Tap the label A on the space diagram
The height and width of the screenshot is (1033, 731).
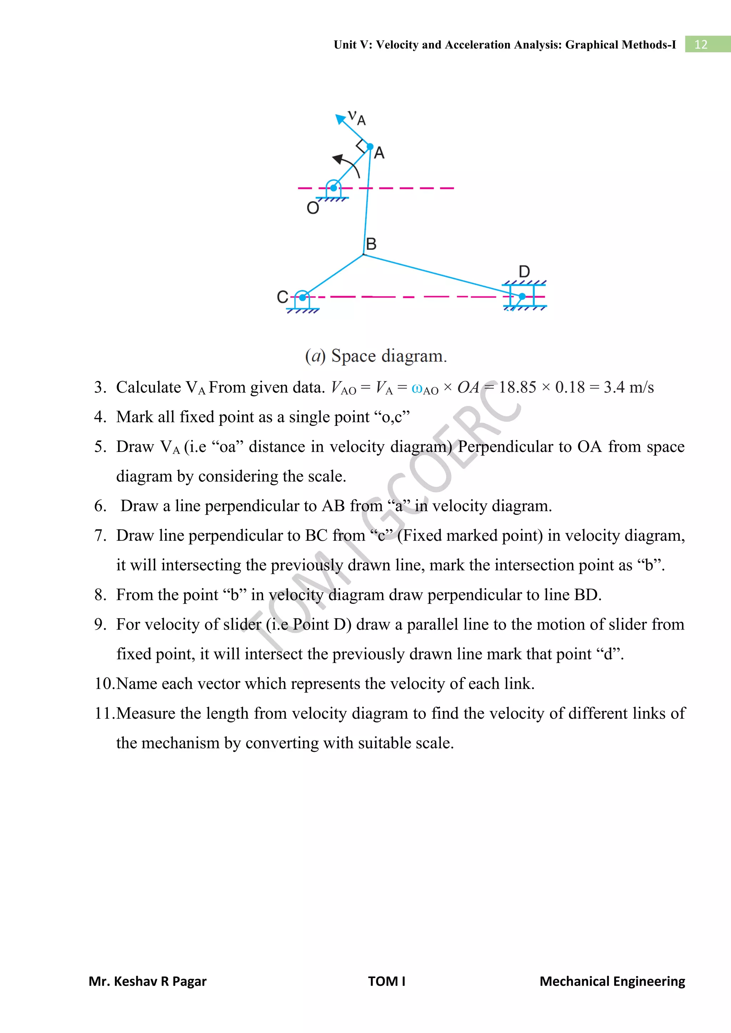[x=379, y=153]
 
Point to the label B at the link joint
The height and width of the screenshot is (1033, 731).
[x=371, y=244]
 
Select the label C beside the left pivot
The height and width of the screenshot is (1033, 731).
[x=282, y=297]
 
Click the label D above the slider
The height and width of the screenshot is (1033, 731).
[x=524, y=272]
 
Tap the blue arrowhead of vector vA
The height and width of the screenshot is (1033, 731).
[x=340, y=119]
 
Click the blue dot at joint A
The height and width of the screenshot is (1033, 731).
[x=370, y=147]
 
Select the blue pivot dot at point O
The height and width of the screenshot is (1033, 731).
[x=333, y=188]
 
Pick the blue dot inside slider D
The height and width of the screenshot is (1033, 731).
[x=522, y=296]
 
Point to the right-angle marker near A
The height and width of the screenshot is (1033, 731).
[x=361, y=146]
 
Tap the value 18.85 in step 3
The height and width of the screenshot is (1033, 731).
[x=517, y=387]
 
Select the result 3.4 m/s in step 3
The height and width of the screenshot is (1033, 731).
[x=628, y=387]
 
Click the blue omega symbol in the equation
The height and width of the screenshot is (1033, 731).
[x=417, y=389]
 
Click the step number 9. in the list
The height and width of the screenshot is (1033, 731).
[x=100, y=625]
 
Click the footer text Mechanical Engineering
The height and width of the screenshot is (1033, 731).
[x=612, y=981]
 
